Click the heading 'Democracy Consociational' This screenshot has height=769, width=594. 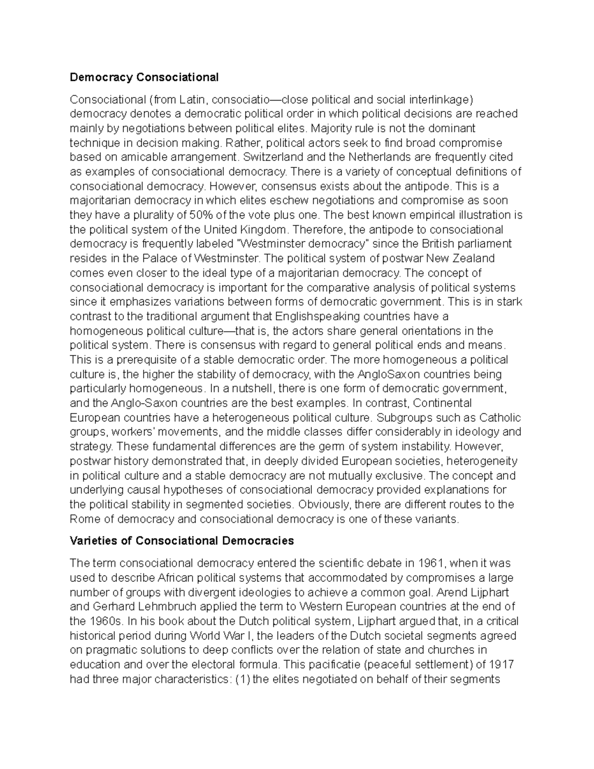pos(144,77)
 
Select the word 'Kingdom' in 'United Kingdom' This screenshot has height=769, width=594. pos(263,230)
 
